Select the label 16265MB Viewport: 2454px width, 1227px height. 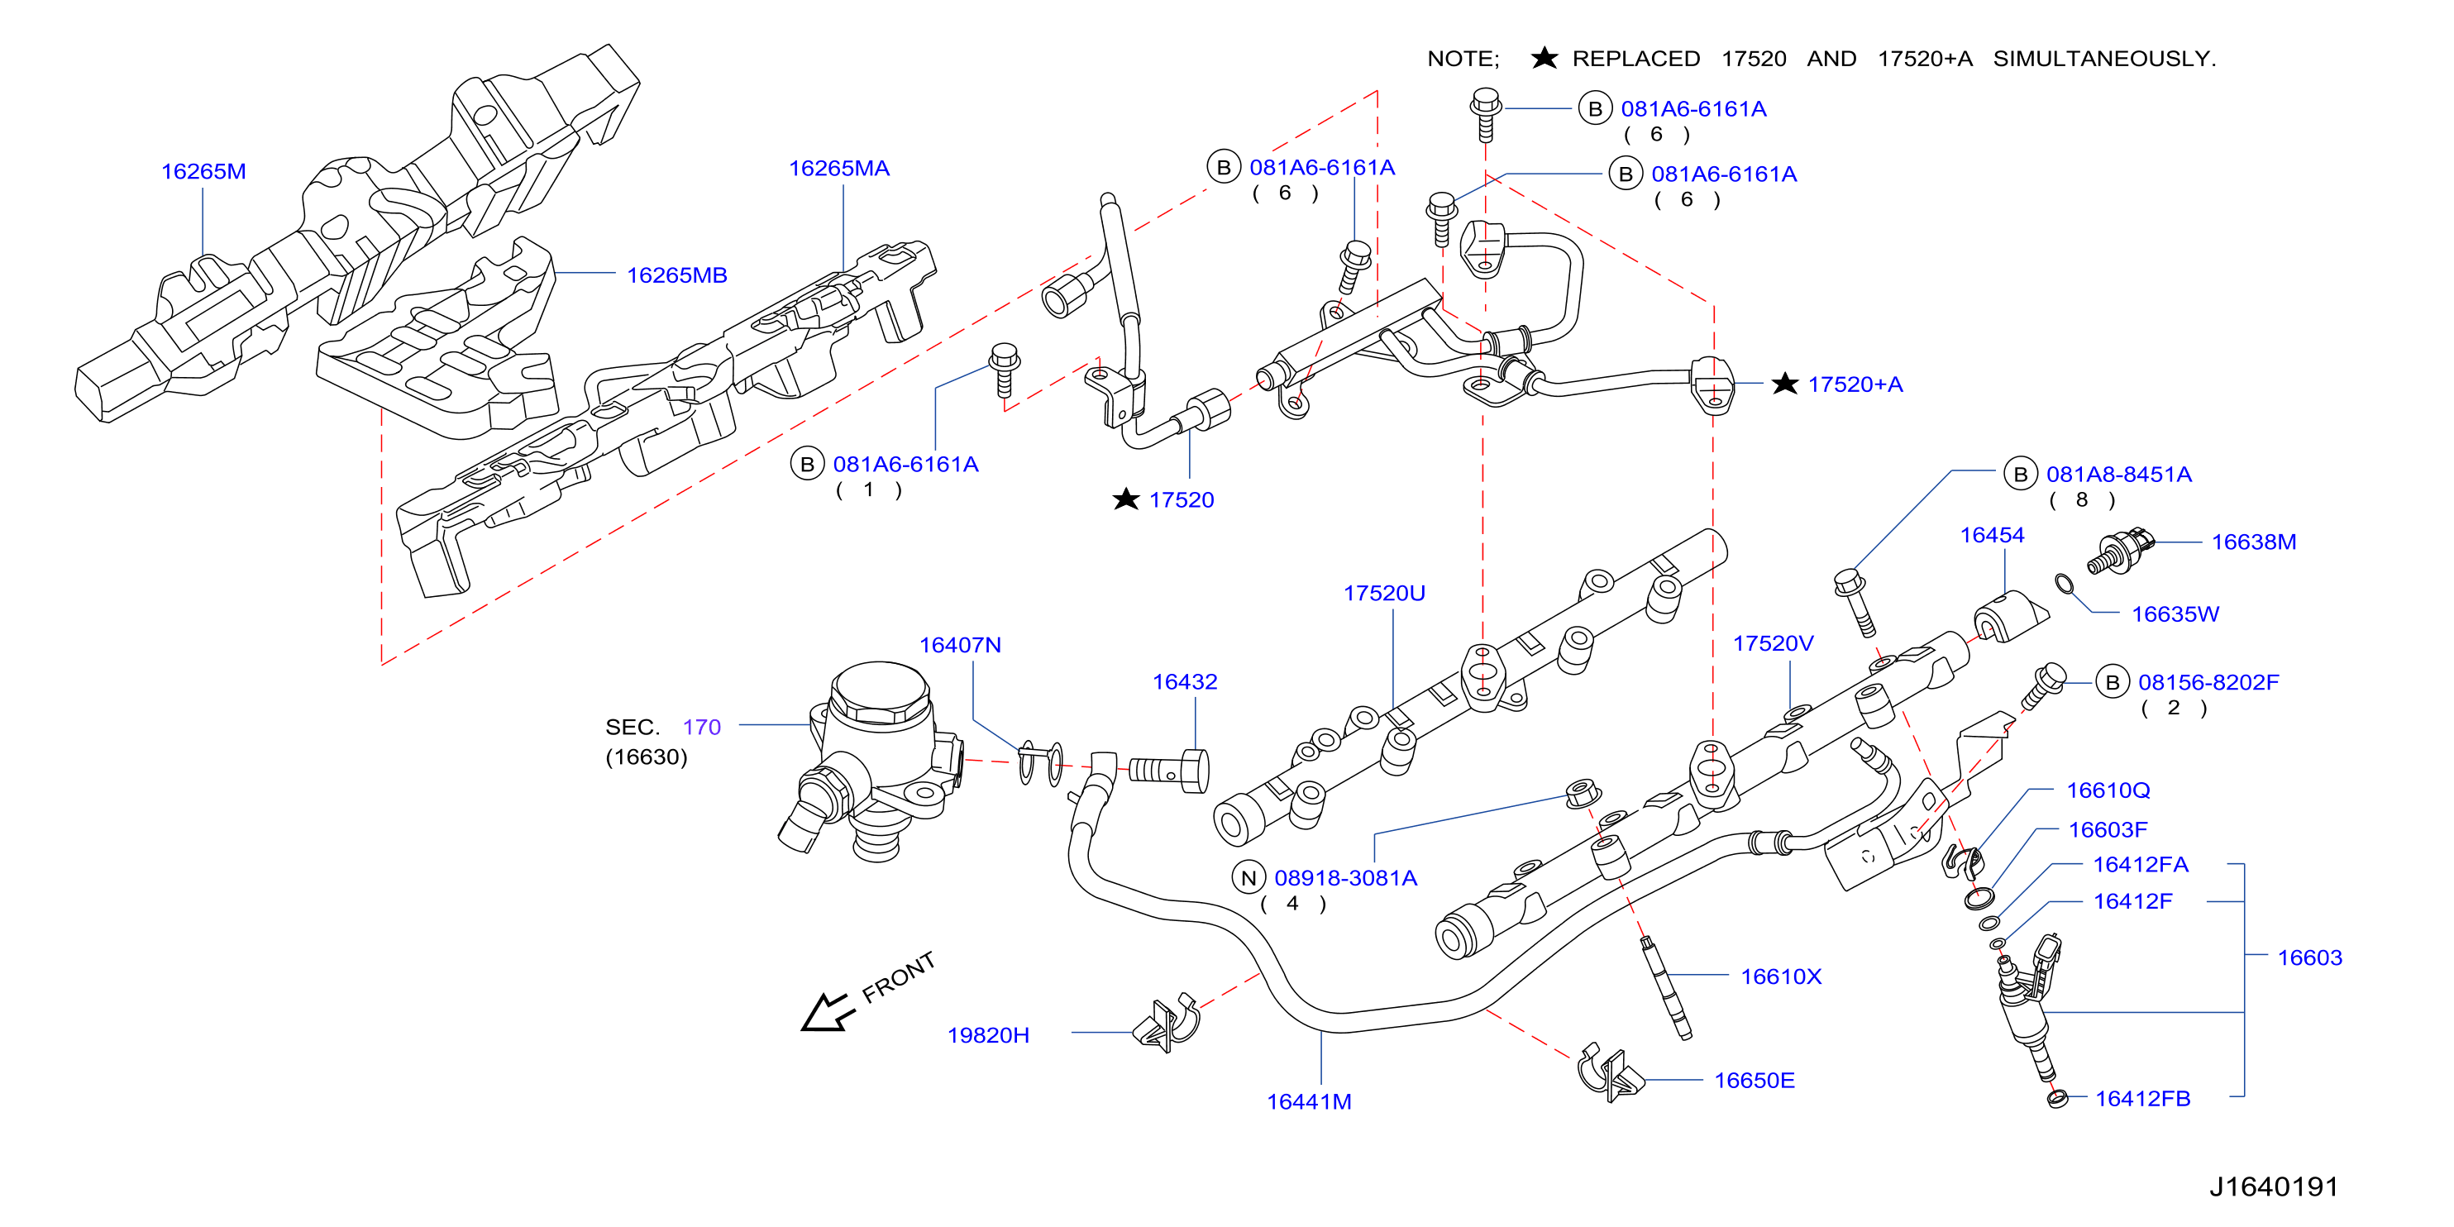click(x=676, y=275)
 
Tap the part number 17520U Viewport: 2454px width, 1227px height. click(x=1384, y=594)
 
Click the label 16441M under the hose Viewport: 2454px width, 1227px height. click(x=1309, y=1102)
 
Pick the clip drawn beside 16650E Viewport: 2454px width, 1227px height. click(x=1609, y=1073)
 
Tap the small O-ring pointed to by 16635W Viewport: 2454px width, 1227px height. click(x=2064, y=583)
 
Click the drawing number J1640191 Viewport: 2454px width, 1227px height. click(x=2274, y=1187)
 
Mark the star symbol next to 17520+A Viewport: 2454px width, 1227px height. click(x=1784, y=384)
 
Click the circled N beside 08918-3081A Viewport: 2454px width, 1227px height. click(x=1248, y=878)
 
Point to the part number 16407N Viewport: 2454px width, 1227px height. click(x=960, y=646)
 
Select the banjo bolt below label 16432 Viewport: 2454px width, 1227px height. click(x=1170, y=770)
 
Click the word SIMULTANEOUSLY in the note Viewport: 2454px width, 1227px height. click(x=2104, y=59)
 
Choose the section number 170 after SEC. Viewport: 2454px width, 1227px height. click(x=702, y=728)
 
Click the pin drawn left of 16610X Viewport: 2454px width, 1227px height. click(x=1666, y=988)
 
